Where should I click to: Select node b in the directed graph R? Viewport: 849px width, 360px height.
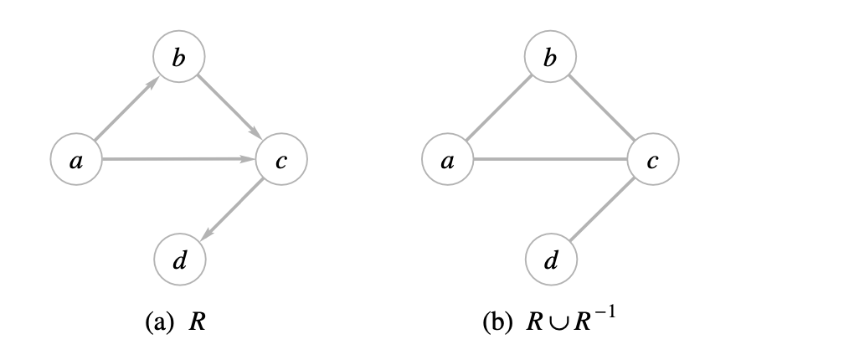(x=178, y=59)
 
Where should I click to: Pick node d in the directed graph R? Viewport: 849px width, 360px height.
(x=178, y=260)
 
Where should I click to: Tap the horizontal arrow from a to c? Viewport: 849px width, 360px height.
(x=178, y=159)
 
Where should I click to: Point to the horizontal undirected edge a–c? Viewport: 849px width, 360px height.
(x=550, y=159)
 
